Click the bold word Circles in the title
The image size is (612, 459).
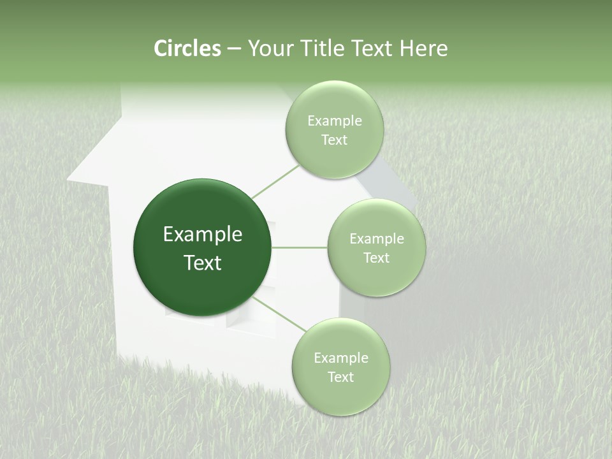(x=187, y=48)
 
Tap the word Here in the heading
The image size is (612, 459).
(x=423, y=48)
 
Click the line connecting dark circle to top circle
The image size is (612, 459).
(x=275, y=182)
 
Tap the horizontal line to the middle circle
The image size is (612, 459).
(x=300, y=247)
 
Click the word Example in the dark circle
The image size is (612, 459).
(x=203, y=235)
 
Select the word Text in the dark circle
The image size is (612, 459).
(x=203, y=263)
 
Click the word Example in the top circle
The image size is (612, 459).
(x=334, y=121)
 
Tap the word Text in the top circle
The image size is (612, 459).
(x=334, y=140)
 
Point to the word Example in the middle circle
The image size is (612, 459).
(x=376, y=239)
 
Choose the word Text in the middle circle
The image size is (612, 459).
(x=376, y=258)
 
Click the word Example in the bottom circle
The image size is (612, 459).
(x=340, y=358)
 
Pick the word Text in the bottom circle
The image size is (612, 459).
(x=340, y=377)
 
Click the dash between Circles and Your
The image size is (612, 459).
(x=234, y=49)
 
